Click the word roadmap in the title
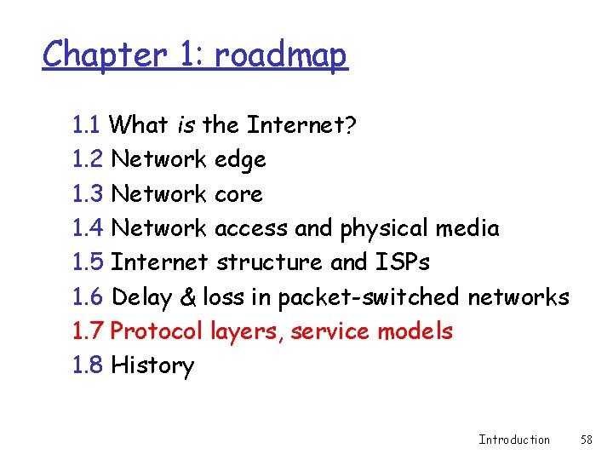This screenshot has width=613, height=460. (280, 56)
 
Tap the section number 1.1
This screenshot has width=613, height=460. (89, 125)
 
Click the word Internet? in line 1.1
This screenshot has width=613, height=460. (301, 125)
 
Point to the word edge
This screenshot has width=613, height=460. (240, 160)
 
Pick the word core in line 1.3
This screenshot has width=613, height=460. (238, 194)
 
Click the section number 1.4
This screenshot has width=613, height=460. (89, 228)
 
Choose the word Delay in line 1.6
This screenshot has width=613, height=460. (142, 297)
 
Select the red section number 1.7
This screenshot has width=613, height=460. (89, 331)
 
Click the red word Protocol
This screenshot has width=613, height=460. (158, 331)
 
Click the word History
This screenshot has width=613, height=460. (152, 366)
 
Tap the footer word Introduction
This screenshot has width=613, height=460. (514, 440)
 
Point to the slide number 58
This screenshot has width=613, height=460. (586, 440)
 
